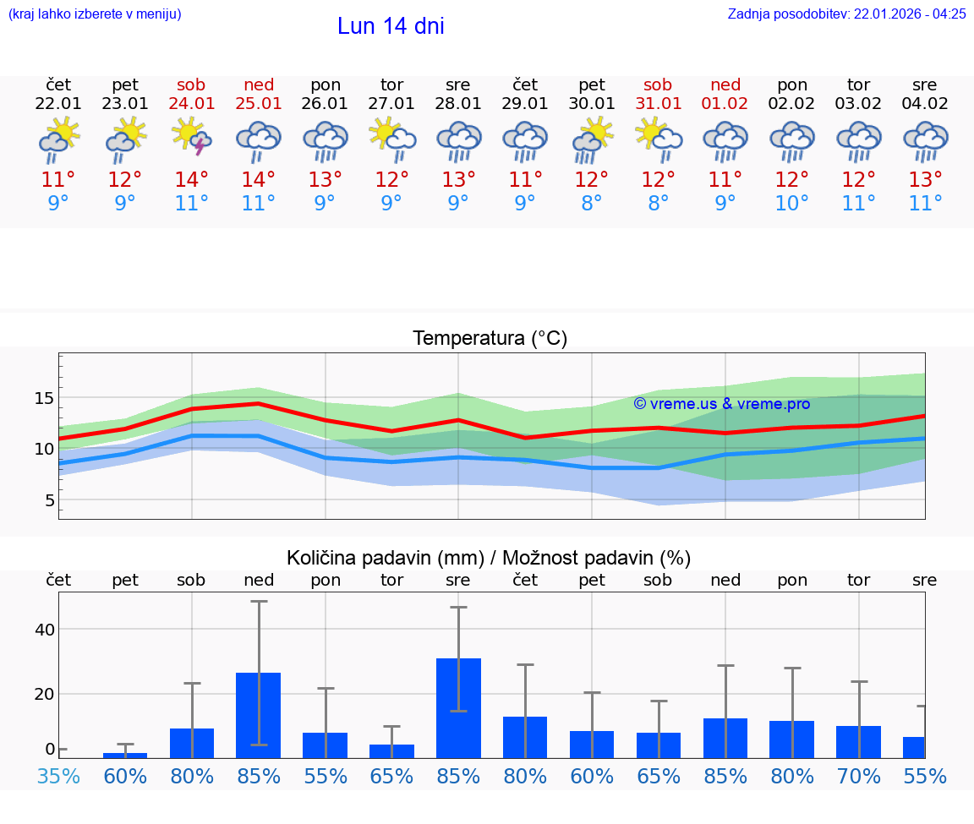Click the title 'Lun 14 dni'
pos(391,26)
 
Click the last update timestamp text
pos(846,14)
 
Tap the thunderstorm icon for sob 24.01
pos(191,139)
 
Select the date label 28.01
pos(458,104)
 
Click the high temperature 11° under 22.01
pos(58,180)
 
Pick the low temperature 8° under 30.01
pos(592,204)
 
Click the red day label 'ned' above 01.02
pos(725,85)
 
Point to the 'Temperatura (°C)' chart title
pos(490,339)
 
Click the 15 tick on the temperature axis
pos(44,398)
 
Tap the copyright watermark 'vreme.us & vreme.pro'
pos(722,404)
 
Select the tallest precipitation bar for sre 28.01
pos(458,708)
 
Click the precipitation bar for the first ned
pos(258,715)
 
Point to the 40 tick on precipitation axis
pos(44,630)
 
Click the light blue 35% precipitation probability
pos(58,776)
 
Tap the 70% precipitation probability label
pos(859,776)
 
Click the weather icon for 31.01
pos(659,139)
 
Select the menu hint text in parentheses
pos(94,14)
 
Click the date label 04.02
pos(925,104)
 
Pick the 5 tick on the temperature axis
pos(49,500)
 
